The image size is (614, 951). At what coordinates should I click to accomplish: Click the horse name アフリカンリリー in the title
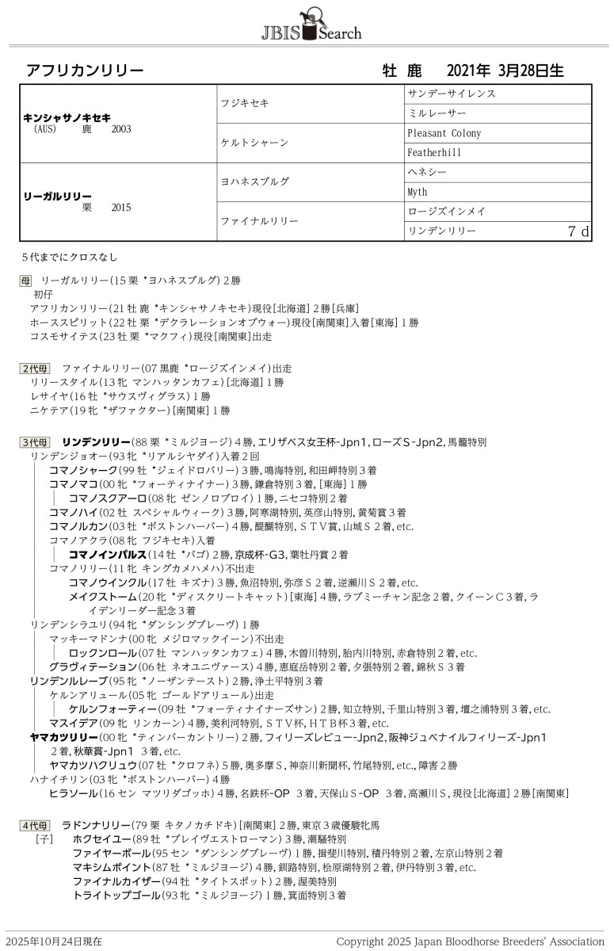tap(85, 71)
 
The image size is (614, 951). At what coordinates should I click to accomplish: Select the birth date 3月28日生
tap(531, 71)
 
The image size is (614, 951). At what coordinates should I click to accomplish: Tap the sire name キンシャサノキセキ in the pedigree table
tap(67, 117)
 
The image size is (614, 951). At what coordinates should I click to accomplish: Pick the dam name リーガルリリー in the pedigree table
tap(58, 196)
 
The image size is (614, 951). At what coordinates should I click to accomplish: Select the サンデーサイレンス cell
tap(452, 94)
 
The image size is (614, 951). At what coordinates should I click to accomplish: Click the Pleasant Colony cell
tap(444, 133)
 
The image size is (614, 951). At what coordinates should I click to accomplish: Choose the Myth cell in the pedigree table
tap(418, 192)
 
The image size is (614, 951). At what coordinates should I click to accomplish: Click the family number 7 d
tap(578, 231)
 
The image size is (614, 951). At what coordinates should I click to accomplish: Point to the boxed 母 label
tap(25, 281)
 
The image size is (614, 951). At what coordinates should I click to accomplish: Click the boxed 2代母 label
tap(34, 369)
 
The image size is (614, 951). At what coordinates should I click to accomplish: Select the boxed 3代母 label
tap(34, 441)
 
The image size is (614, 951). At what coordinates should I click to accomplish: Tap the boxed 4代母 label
tap(34, 825)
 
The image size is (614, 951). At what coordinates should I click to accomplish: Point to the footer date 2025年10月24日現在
tap(53, 941)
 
